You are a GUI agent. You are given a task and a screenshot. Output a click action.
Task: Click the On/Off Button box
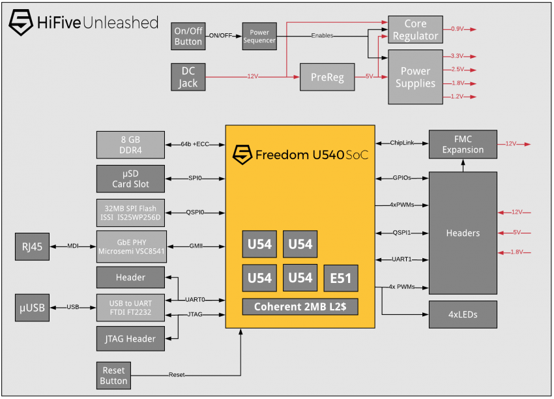[188, 36]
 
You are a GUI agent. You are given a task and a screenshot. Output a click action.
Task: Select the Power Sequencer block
[259, 36]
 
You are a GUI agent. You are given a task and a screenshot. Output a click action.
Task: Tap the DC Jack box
[188, 77]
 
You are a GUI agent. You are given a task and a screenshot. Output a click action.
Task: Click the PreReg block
[327, 77]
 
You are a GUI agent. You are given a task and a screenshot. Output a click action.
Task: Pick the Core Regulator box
[416, 30]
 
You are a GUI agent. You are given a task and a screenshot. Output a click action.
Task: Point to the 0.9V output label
[457, 29]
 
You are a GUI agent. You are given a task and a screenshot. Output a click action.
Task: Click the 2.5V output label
[458, 69]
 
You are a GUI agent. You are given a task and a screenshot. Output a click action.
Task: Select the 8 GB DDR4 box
[130, 145]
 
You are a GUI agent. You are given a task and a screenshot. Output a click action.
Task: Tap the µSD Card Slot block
[130, 179]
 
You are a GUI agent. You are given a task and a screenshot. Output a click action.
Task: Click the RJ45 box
[32, 246]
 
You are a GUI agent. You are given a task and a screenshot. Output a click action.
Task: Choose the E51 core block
[341, 278]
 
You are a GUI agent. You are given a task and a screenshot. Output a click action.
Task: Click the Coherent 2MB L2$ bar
[300, 307]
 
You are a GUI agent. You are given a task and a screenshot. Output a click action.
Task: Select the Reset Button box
[113, 376]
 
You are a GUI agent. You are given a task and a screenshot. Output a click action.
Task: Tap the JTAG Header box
[130, 338]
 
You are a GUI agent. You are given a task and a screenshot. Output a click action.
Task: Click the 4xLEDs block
[463, 314]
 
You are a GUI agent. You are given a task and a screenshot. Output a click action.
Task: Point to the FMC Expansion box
[463, 144]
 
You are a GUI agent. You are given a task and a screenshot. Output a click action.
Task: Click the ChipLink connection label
[401, 143]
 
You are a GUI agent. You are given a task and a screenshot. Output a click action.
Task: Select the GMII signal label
[196, 246]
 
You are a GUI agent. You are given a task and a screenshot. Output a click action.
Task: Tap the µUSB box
[32, 308]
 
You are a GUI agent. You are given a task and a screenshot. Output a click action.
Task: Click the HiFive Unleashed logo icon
[21, 22]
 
